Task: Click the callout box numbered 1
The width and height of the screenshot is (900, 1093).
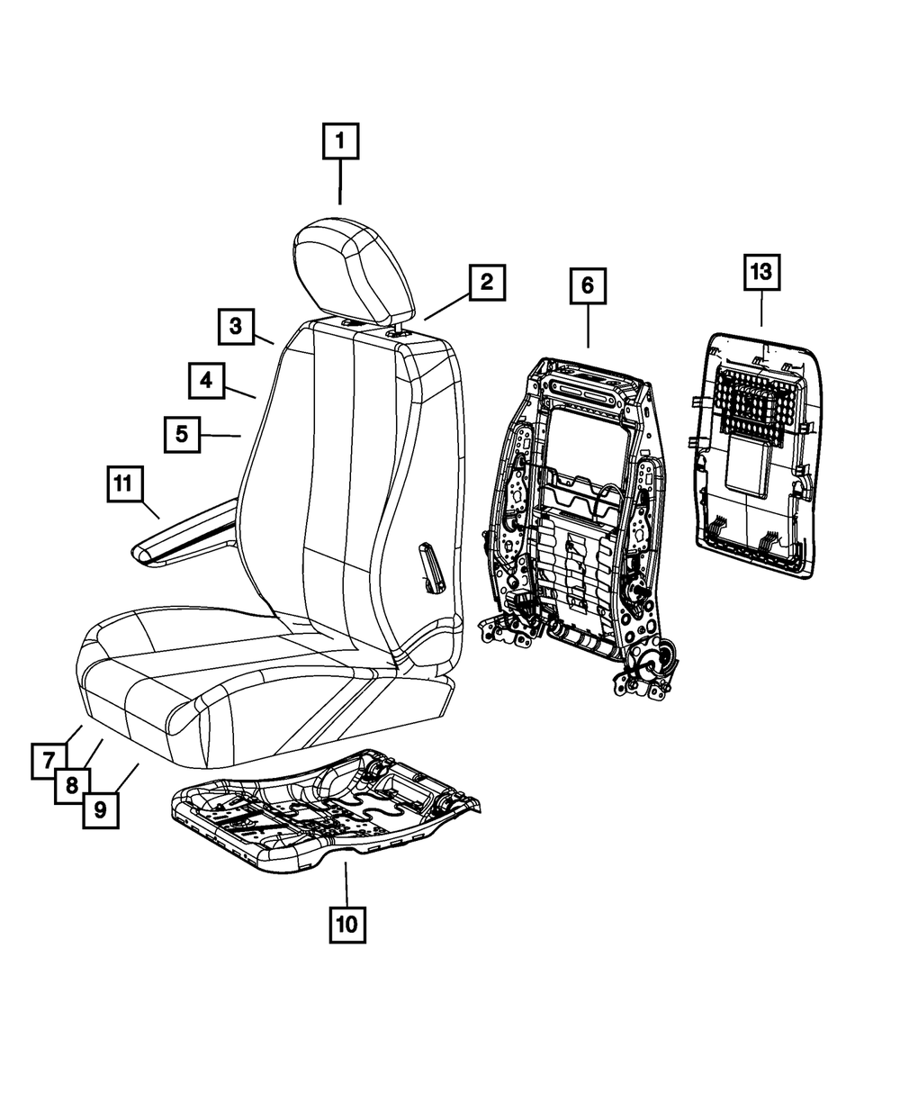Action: pyautogui.click(x=340, y=141)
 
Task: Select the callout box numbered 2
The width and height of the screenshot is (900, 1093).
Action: pyautogui.click(x=486, y=283)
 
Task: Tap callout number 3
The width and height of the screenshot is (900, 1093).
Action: pyautogui.click(x=235, y=327)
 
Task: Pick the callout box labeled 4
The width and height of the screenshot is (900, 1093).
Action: pyautogui.click(x=206, y=381)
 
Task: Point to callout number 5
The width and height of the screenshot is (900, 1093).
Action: pyautogui.click(x=182, y=435)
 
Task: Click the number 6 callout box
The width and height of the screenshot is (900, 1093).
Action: pyautogui.click(x=587, y=286)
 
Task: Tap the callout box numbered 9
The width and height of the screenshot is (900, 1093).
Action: pyautogui.click(x=100, y=809)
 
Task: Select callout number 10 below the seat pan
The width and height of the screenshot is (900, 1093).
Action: pyautogui.click(x=347, y=923)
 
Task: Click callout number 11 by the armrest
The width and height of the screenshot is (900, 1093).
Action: pyautogui.click(x=122, y=484)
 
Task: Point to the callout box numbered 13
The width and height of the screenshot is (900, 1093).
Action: pyautogui.click(x=761, y=273)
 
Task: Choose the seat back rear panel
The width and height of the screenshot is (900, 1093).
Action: pyautogui.click(x=760, y=459)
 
